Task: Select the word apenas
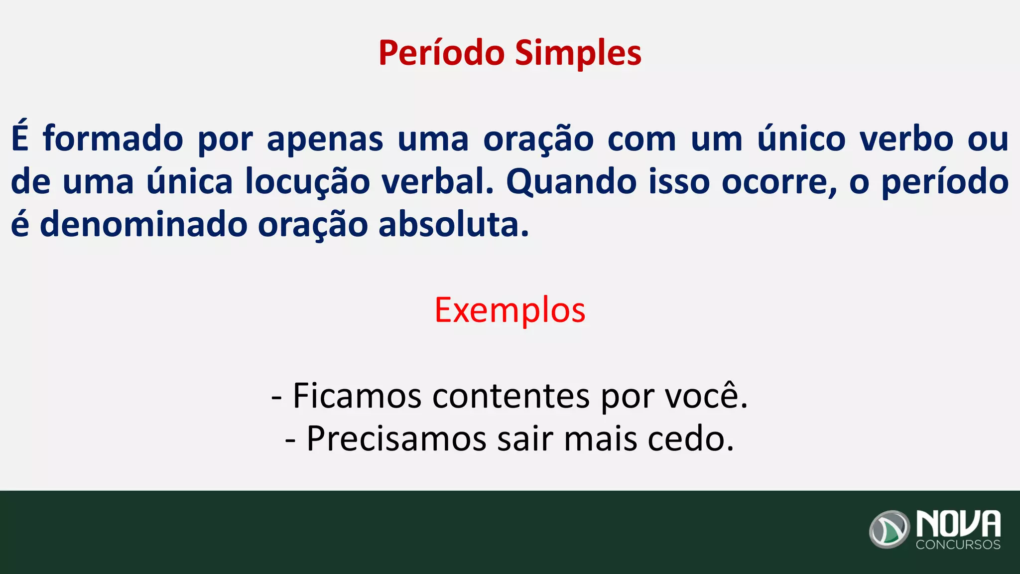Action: tap(325, 140)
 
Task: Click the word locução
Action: tap(307, 182)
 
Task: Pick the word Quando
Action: tap(571, 182)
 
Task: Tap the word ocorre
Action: tap(778, 182)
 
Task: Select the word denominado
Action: tap(143, 225)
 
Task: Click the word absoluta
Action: tap(453, 225)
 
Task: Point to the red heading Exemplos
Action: tap(510, 310)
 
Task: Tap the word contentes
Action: tap(511, 396)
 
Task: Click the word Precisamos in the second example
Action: tap(396, 438)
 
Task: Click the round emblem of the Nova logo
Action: tap(890, 529)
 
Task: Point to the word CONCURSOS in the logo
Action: tap(958, 545)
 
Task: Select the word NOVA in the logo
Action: tap(958, 523)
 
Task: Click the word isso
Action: tap(679, 182)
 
